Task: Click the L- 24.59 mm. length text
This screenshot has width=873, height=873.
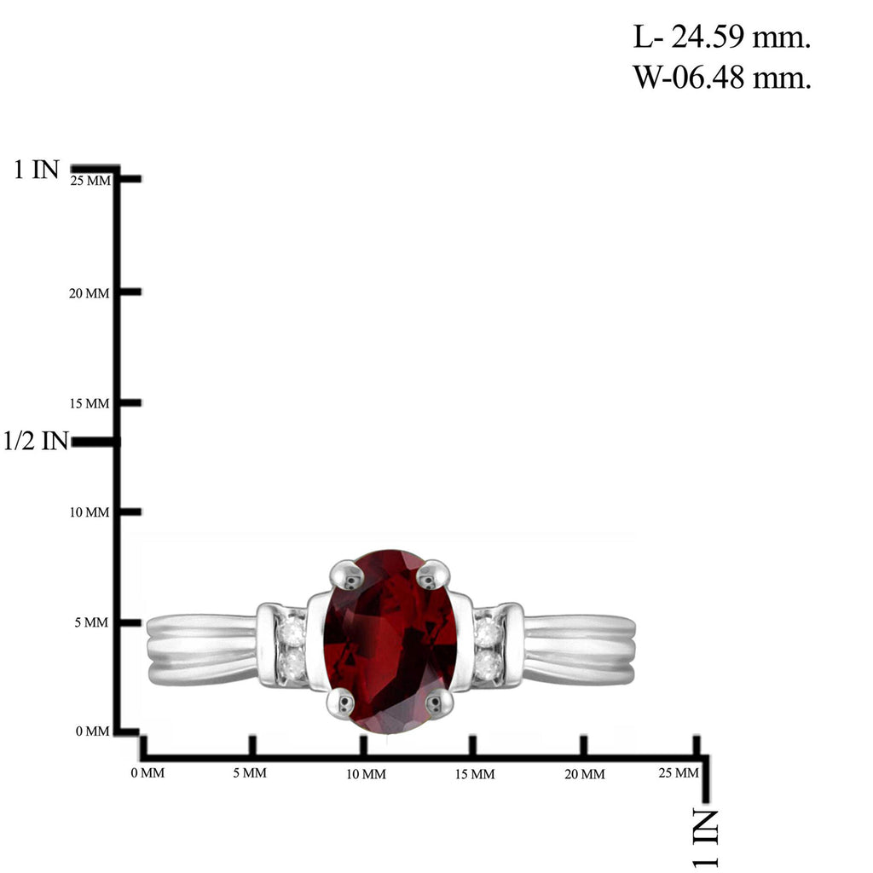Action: [721, 38]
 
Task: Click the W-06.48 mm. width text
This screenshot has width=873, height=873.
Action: [721, 77]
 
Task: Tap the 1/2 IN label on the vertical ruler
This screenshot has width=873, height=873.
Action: [36, 441]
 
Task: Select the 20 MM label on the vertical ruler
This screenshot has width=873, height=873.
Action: [89, 293]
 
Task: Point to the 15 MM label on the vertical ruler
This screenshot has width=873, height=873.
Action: [89, 403]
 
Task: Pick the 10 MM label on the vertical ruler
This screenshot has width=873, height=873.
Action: [89, 512]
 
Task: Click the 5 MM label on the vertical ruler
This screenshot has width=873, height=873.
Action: [92, 622]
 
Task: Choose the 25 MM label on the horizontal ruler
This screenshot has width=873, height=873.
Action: [679, 772]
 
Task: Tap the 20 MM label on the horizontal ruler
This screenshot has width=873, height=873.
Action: [585, 774]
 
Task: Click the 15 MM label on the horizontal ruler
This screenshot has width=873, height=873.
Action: [475, 774]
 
